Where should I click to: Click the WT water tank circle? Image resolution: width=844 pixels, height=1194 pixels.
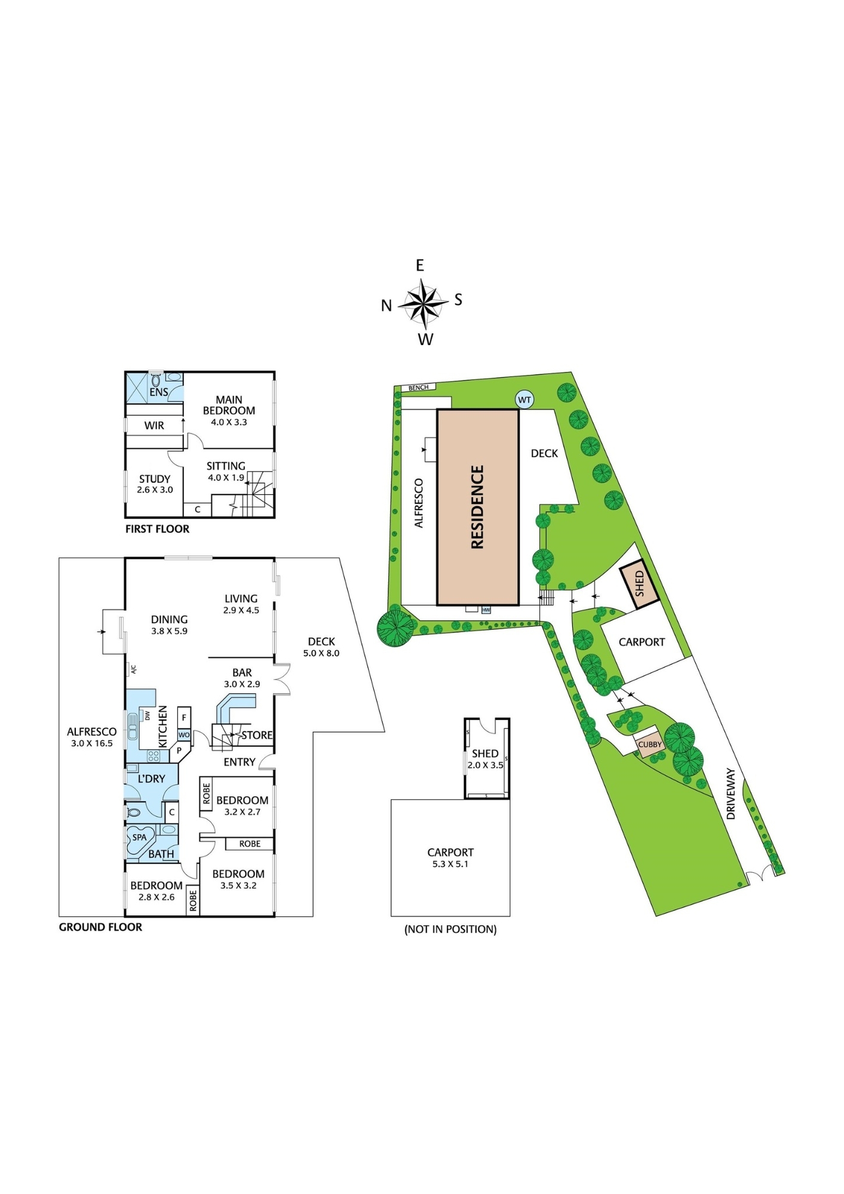[x=524, y=400]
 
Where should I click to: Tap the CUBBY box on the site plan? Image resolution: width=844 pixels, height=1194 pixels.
[x=649, y=744]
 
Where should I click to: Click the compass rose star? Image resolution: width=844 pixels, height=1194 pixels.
[x=423, y=304]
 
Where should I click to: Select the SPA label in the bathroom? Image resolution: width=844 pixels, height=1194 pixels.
[x=139, y=837]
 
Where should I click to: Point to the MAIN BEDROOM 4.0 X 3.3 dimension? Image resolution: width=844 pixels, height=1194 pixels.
[x=229, y=422]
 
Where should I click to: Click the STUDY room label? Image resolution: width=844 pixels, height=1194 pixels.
[x=155, y=479]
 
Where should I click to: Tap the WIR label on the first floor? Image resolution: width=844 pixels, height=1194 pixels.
[x=154, y=426]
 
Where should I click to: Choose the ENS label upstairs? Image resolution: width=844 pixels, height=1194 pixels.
[x=159, y=392]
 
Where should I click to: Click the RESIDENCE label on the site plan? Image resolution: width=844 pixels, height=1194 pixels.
[x=477, y=507]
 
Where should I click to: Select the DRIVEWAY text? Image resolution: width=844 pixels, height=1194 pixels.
[x=731, y=793]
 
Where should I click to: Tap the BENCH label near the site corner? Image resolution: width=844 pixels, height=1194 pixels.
[x=418, y=387]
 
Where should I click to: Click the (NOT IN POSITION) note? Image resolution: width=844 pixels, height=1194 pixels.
[x=450, y=929]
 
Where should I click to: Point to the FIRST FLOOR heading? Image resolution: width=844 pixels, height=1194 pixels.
[x=157, y=529]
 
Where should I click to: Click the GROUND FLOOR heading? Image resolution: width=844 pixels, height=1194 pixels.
[x=100, y=927]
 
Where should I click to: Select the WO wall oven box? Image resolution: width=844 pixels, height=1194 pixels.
[x=184, y=735]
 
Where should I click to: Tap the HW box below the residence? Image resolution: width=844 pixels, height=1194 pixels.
[x=486, y=610]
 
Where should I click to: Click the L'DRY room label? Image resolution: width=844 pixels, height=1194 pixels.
[x=151, y=779]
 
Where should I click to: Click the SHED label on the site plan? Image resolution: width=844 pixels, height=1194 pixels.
[x=639, y=583]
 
